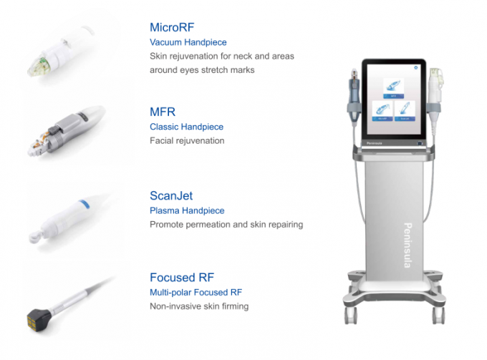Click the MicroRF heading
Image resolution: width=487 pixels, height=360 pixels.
(172, 27)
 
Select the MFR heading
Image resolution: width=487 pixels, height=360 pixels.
(163, 112)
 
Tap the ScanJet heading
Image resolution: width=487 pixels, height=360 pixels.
(171, 195)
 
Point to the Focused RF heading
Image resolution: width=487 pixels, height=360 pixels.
(182, 278)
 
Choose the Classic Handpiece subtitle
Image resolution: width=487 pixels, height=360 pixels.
(186, 127)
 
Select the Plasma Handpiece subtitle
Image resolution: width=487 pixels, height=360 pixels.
(187, 210)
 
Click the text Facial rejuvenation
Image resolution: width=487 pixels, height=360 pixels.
(187, 140)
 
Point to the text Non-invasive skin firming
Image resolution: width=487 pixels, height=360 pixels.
(199, 306)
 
